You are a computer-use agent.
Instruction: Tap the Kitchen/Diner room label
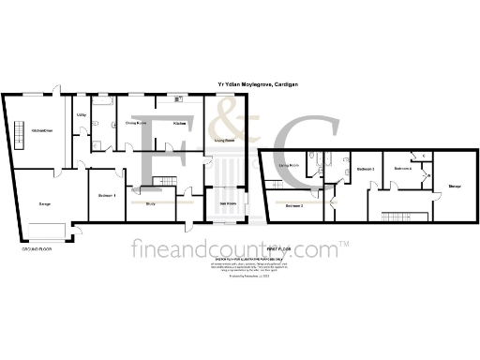pos(40,130)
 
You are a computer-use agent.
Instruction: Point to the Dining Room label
pos(136,123)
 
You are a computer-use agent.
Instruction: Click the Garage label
pos(44,202)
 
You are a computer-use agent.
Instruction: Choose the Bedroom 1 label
pos(107,195)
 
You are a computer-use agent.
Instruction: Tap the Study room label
pos(151,202)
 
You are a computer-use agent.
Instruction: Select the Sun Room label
pos(227,202)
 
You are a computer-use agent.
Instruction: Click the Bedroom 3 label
pos(366,169)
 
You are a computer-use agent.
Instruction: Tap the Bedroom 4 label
pos(403,168)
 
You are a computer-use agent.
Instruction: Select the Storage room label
pos(454,187)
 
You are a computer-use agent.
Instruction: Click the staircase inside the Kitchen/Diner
pos(18,140)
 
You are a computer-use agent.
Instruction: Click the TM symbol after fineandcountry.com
pos(344,244)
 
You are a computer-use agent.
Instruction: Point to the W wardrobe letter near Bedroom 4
pos(427,176)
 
